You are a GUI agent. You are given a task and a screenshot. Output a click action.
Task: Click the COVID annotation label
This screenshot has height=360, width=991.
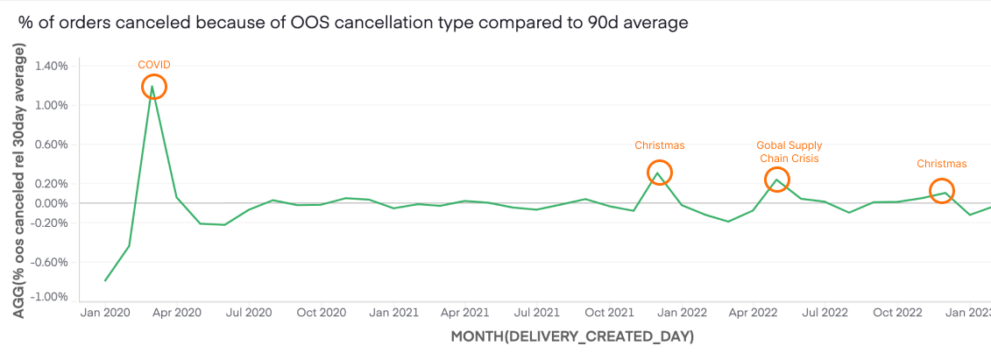click(x=153, y=64)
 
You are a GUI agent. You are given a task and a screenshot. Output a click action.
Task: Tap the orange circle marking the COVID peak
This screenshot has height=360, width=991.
click(x=153, y=87)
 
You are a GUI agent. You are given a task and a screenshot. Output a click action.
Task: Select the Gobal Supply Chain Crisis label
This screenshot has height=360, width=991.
click(x=789, y=152)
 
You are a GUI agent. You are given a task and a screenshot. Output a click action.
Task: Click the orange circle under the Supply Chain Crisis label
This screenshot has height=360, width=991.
click(x=776, y=180)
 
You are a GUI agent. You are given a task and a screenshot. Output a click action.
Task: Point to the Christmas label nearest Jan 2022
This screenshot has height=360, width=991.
click(x=659, y=145)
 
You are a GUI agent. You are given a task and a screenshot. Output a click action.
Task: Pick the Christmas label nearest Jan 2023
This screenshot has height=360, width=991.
click(x=941, y=164)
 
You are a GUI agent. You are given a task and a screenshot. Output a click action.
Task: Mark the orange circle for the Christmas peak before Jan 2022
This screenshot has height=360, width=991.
click(x=659, y=173)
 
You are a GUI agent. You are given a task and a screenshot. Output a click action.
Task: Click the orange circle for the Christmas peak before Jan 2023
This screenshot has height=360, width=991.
click(x=941, y=191)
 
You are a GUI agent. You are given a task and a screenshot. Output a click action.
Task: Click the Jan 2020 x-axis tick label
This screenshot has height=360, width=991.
click(x=104, y=312)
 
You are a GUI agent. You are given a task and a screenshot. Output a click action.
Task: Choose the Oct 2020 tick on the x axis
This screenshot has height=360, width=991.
click(x=321, y=312)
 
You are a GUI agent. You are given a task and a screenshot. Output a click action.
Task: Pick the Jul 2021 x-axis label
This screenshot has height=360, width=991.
click(x=535, y=312)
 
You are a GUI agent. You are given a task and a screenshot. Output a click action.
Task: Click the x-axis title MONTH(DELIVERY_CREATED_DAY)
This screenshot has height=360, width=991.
click(x=571, y=336)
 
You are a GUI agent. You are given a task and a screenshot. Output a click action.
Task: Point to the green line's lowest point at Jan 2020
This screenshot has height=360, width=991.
click(x=105, y=280)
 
